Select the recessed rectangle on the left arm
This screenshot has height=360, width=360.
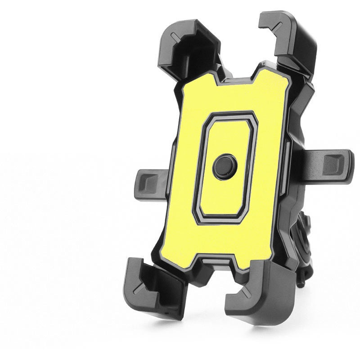click(x=147, y=182)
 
